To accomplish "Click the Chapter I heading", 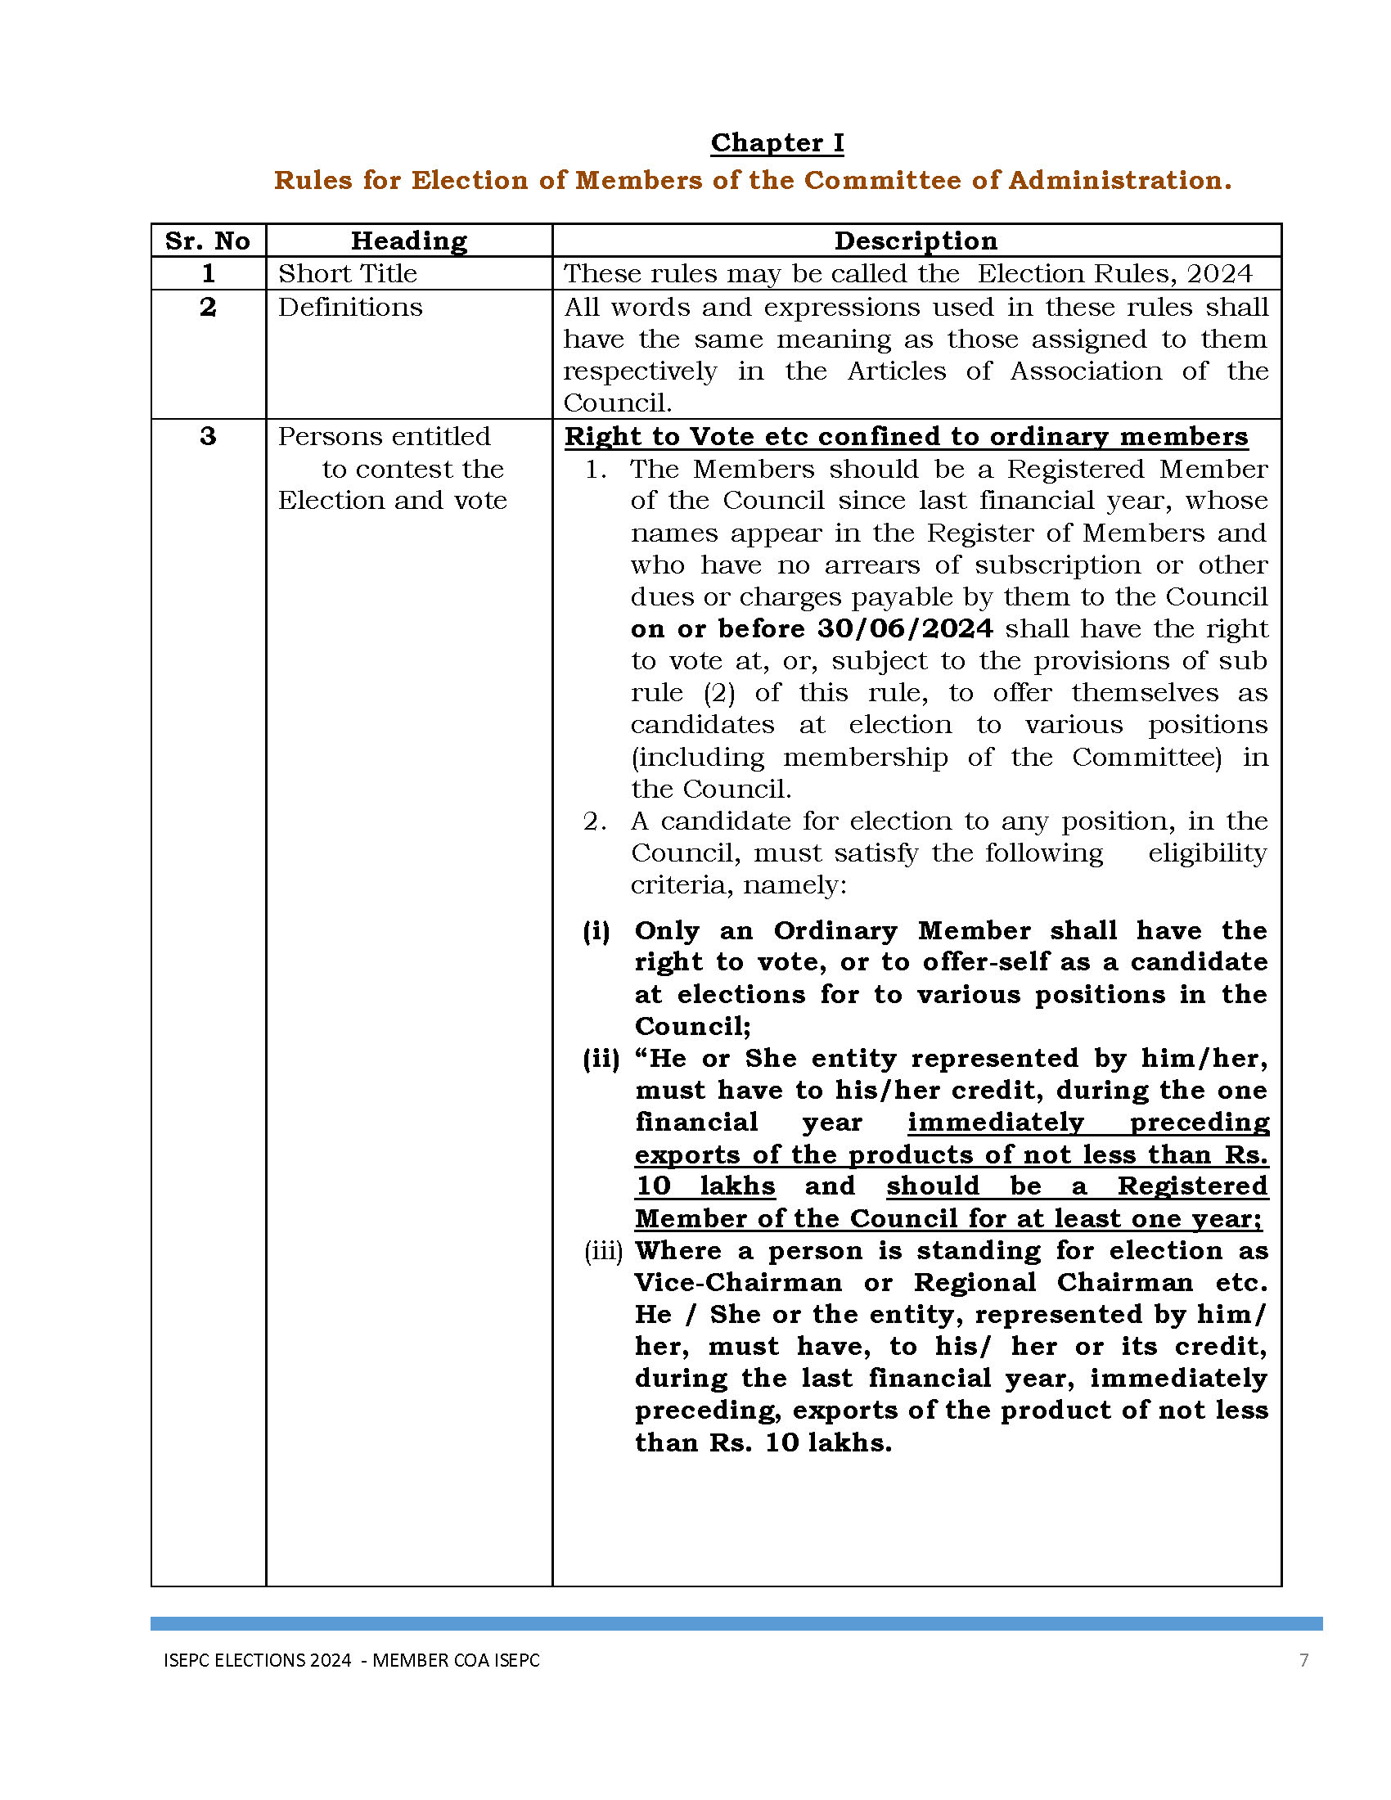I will coord(777,142).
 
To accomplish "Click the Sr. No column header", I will coord(208,241).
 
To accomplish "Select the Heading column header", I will coord(409,241).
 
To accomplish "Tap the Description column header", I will coord(916,241).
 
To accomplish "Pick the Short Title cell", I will coord(348,273).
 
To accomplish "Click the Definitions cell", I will coord(350,307).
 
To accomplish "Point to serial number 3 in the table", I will coord(208,436).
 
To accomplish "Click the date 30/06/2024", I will coord(905,629).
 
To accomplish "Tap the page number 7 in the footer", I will coord(1303,1660).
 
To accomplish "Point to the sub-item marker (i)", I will coord(596,931).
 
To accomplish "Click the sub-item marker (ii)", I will coord(601,1059).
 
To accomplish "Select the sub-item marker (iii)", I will coord(603,1251).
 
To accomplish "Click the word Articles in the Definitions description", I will coord(897,371).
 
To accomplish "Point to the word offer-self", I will coord(973,963).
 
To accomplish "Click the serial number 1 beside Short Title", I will coord(208,273).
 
